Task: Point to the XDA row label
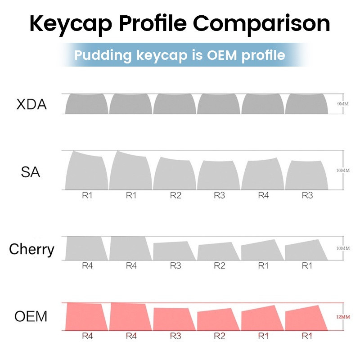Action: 31,105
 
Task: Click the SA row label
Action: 30,171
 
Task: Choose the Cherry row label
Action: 31,249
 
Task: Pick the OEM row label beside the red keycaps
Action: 31,316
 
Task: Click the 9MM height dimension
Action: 343,104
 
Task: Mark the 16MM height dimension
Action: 342,170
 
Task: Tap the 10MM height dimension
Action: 342,248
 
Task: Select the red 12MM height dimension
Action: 342,317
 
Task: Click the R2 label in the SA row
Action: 175,195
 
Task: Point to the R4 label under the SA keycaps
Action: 263,195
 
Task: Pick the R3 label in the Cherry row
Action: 175,265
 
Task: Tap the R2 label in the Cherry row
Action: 219,265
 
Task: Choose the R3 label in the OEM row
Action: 175,335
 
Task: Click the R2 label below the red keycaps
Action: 219,335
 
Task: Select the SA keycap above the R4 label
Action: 263,175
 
